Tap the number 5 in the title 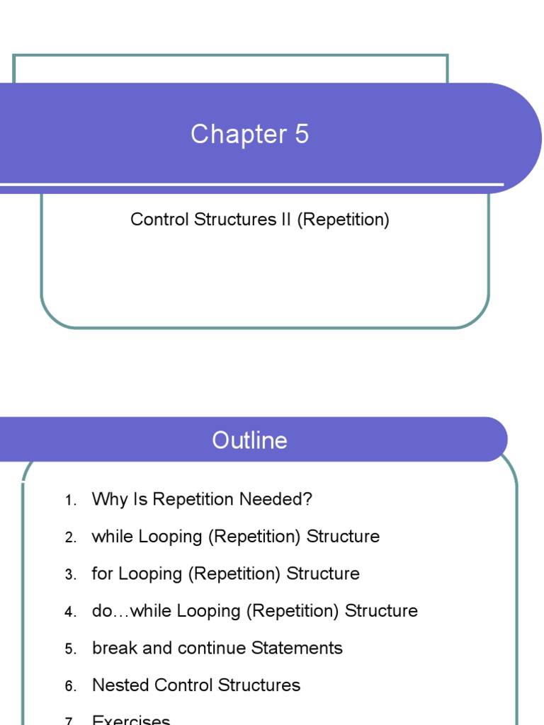pyautogui.click(x=302, y=135)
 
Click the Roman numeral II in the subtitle pyautogui.click(x=283, y=219)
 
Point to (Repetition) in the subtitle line pyautogui.click(x=343, y=219)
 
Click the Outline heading pyautogui.click(x=249, y=440)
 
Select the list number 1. pyautogui.click(x=69, y=501)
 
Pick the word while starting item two pyautogui.click(x=113, y=537)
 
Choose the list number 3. pyautogui.click(x=69, y=575)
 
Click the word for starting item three pyautogui.click(x=103, y=573)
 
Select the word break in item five pyautogui.click(x=112, y=648)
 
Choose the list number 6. pyautogui.click(x=69, y=687)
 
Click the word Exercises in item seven pyautogui.click(x=131, y=720)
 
